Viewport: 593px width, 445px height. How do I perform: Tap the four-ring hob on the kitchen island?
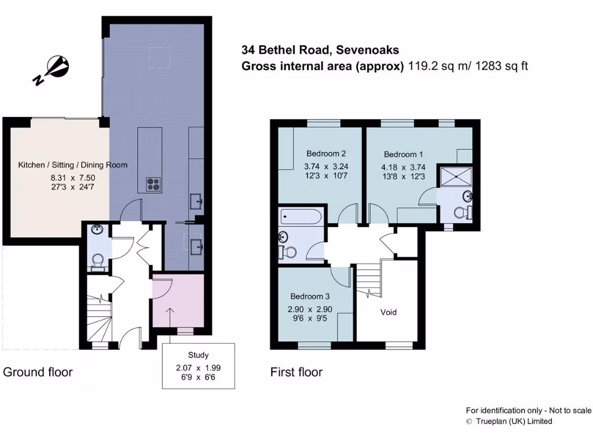153,184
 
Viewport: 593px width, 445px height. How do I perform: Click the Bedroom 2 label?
326,154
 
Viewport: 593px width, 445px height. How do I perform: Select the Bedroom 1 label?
403,154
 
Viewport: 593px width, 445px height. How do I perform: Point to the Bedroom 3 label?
310,294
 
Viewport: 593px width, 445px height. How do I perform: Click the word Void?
389,312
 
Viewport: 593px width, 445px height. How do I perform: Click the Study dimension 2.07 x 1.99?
198,368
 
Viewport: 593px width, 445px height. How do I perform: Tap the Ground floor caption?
38,372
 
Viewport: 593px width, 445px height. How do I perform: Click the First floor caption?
296,372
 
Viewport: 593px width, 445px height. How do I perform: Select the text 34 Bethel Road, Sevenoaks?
320,50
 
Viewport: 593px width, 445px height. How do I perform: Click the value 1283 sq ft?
502,66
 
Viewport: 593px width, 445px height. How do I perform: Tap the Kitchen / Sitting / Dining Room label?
73,165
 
